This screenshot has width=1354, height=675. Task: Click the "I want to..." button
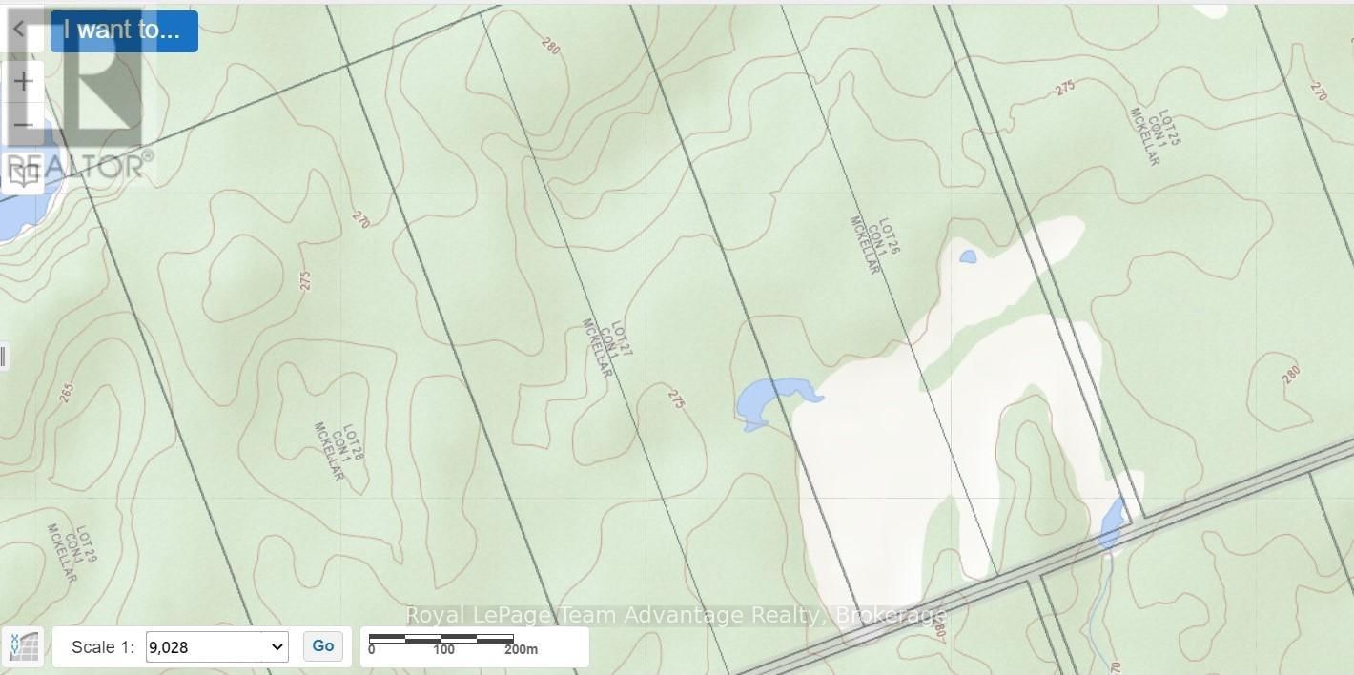pos(123,31)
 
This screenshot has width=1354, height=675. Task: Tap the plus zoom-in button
pos(23,82)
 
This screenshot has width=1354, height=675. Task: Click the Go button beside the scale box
pos(323,646)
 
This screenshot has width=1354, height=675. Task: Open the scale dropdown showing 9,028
pos(216,647)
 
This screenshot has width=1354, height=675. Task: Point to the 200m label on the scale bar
pos(521,650)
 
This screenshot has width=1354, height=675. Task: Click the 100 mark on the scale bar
pos(443,650)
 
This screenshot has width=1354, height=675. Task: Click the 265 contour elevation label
pos(66,393)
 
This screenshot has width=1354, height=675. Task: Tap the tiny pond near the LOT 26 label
pos(968,256)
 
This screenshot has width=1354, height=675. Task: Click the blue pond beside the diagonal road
pos(1112,522)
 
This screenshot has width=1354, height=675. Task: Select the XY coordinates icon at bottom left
pos(23,647)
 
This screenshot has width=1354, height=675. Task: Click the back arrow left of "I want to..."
pos(18,30)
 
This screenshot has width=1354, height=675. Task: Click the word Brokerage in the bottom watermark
pos(891,616)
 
